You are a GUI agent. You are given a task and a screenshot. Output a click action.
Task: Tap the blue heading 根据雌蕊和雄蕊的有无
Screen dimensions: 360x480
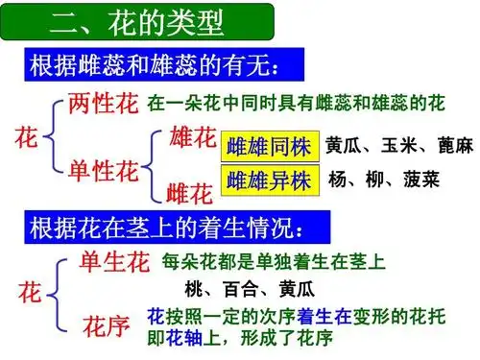coord(156,67)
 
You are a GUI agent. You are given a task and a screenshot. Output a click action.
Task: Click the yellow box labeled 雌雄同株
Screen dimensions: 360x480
coord(270,147)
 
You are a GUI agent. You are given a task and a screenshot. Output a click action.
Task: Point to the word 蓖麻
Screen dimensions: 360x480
coord(452,146)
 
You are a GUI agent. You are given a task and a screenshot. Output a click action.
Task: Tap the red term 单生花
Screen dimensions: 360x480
coord(114,260)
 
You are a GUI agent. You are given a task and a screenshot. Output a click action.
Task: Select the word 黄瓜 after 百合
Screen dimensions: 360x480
coord(295,288)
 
